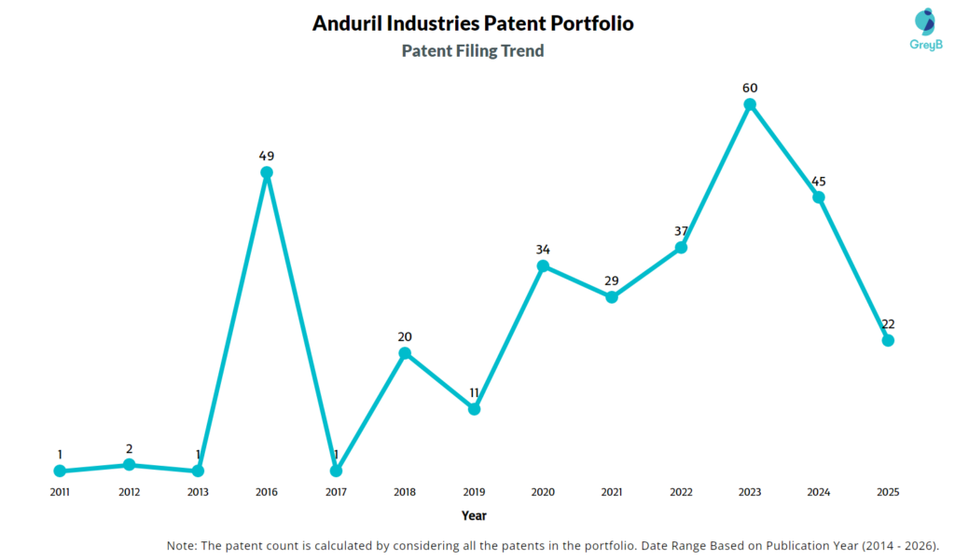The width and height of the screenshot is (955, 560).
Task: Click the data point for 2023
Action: click(750, 104)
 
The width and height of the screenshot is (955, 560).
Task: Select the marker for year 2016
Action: click(267, 172)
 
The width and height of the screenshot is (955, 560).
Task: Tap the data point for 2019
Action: click(474, 409)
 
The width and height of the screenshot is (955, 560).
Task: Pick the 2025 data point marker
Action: click(888, 341)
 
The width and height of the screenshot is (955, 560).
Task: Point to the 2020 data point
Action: click(543, 266)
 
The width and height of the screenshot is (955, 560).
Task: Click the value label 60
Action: click(750, 88)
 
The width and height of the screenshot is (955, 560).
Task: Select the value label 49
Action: click(267, 156)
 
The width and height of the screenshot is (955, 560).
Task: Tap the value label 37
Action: click(681, 231)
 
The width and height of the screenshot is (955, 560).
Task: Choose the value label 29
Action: click(612, 280)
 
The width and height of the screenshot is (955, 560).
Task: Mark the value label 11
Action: click(474, 392)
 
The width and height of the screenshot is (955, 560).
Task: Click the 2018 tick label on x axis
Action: click(405, 491)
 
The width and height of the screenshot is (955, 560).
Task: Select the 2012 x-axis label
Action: click(129, 491)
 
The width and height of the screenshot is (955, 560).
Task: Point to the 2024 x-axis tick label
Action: click(819, 491)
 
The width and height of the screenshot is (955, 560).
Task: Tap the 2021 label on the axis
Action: click(612, 491)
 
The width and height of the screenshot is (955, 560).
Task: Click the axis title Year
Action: click(474, 515)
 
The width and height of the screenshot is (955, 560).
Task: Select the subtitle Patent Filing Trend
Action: click(473, 51)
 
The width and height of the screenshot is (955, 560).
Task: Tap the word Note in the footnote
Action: click(184, 546)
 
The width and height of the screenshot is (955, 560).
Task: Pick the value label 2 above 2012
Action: click(129, 449)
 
